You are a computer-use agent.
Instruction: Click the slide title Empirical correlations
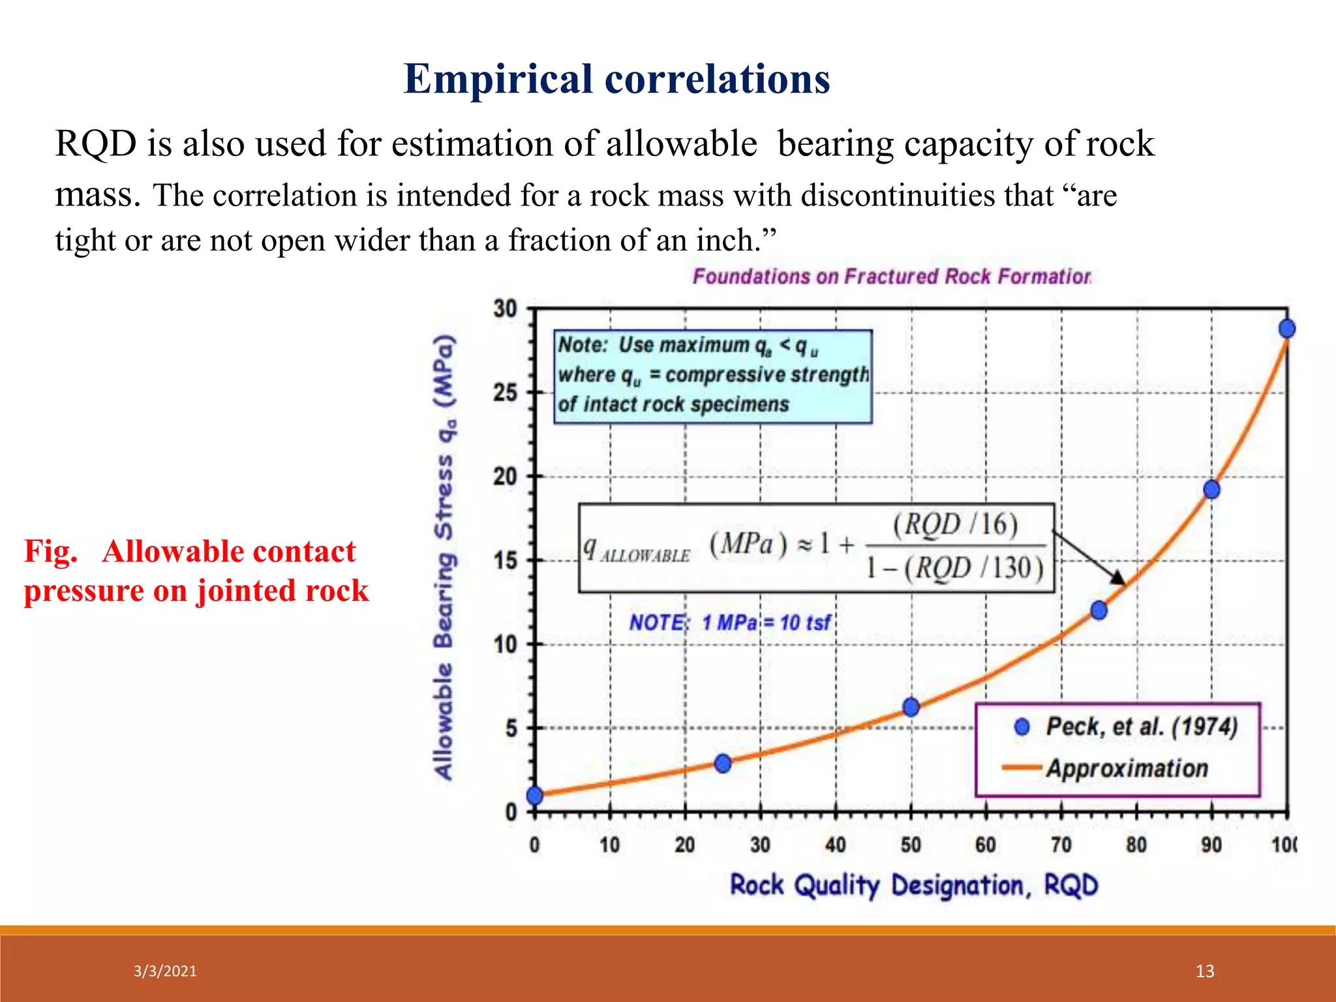(616, 79)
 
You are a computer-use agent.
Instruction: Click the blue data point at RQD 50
(911, 707)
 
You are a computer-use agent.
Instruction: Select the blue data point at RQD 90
(1211, 489)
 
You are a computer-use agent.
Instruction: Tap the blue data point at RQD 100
(1286, 329)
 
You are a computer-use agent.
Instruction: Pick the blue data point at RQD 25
(723, 763)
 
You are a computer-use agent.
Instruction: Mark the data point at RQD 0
(535, 795)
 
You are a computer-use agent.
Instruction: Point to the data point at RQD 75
(1099, 611)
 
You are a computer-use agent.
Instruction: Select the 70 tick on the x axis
(1061, 845)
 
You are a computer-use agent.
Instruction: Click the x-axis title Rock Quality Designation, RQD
(913, 886)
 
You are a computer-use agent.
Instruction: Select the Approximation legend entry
(1127, 768)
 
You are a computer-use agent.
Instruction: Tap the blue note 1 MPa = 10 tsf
(729, 622)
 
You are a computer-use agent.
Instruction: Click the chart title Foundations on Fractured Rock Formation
(891, 277)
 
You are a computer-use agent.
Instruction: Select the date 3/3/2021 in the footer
(165, 971)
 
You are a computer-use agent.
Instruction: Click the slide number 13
(1204, 971)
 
